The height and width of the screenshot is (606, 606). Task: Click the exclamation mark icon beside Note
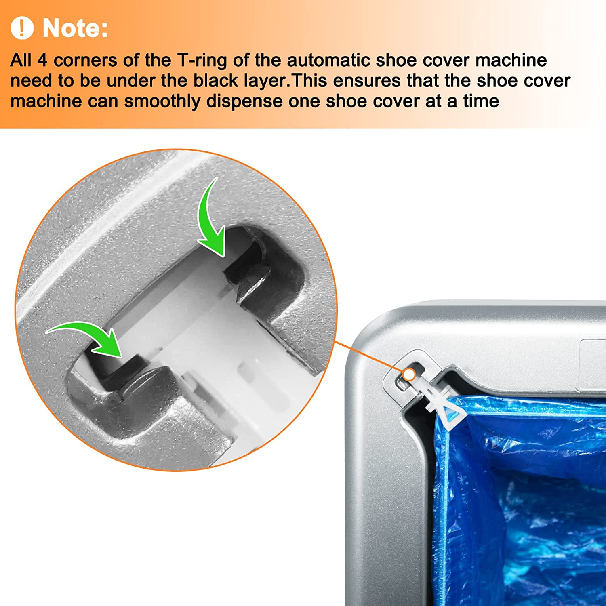[22, 28]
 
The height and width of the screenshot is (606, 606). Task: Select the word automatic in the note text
[328, 60]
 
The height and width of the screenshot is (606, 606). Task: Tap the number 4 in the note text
[42, 61]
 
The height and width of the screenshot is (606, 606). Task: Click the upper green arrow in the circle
[210, 218]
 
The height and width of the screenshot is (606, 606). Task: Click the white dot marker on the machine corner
[409, 375]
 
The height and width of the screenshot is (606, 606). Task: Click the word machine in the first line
[511, 61]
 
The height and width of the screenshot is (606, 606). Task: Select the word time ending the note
[481, 101]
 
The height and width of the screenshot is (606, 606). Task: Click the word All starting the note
[21, 61]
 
